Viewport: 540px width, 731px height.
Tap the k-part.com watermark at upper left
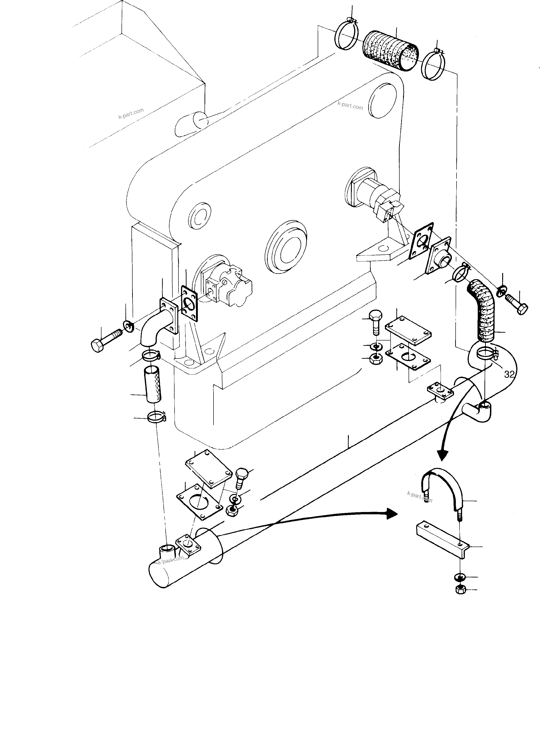(131, 114)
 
